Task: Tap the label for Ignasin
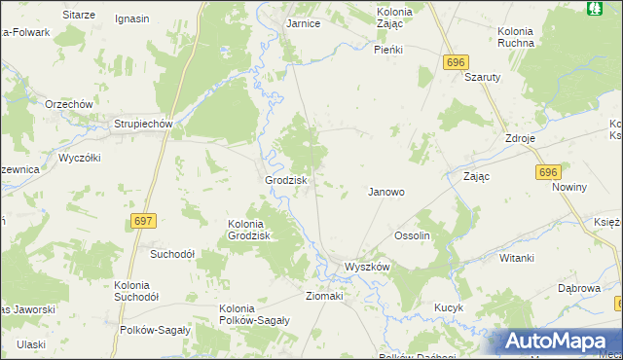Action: tap(131, 18)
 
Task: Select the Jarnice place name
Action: tap(304, 23)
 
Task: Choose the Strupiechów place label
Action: tap(143, 124)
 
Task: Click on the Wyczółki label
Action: tap(80, 157)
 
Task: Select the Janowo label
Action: tap(385, 192)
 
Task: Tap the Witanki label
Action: tap(517, 258)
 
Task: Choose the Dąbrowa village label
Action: tap(578, 288)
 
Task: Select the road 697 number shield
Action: tap(143, 222)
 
